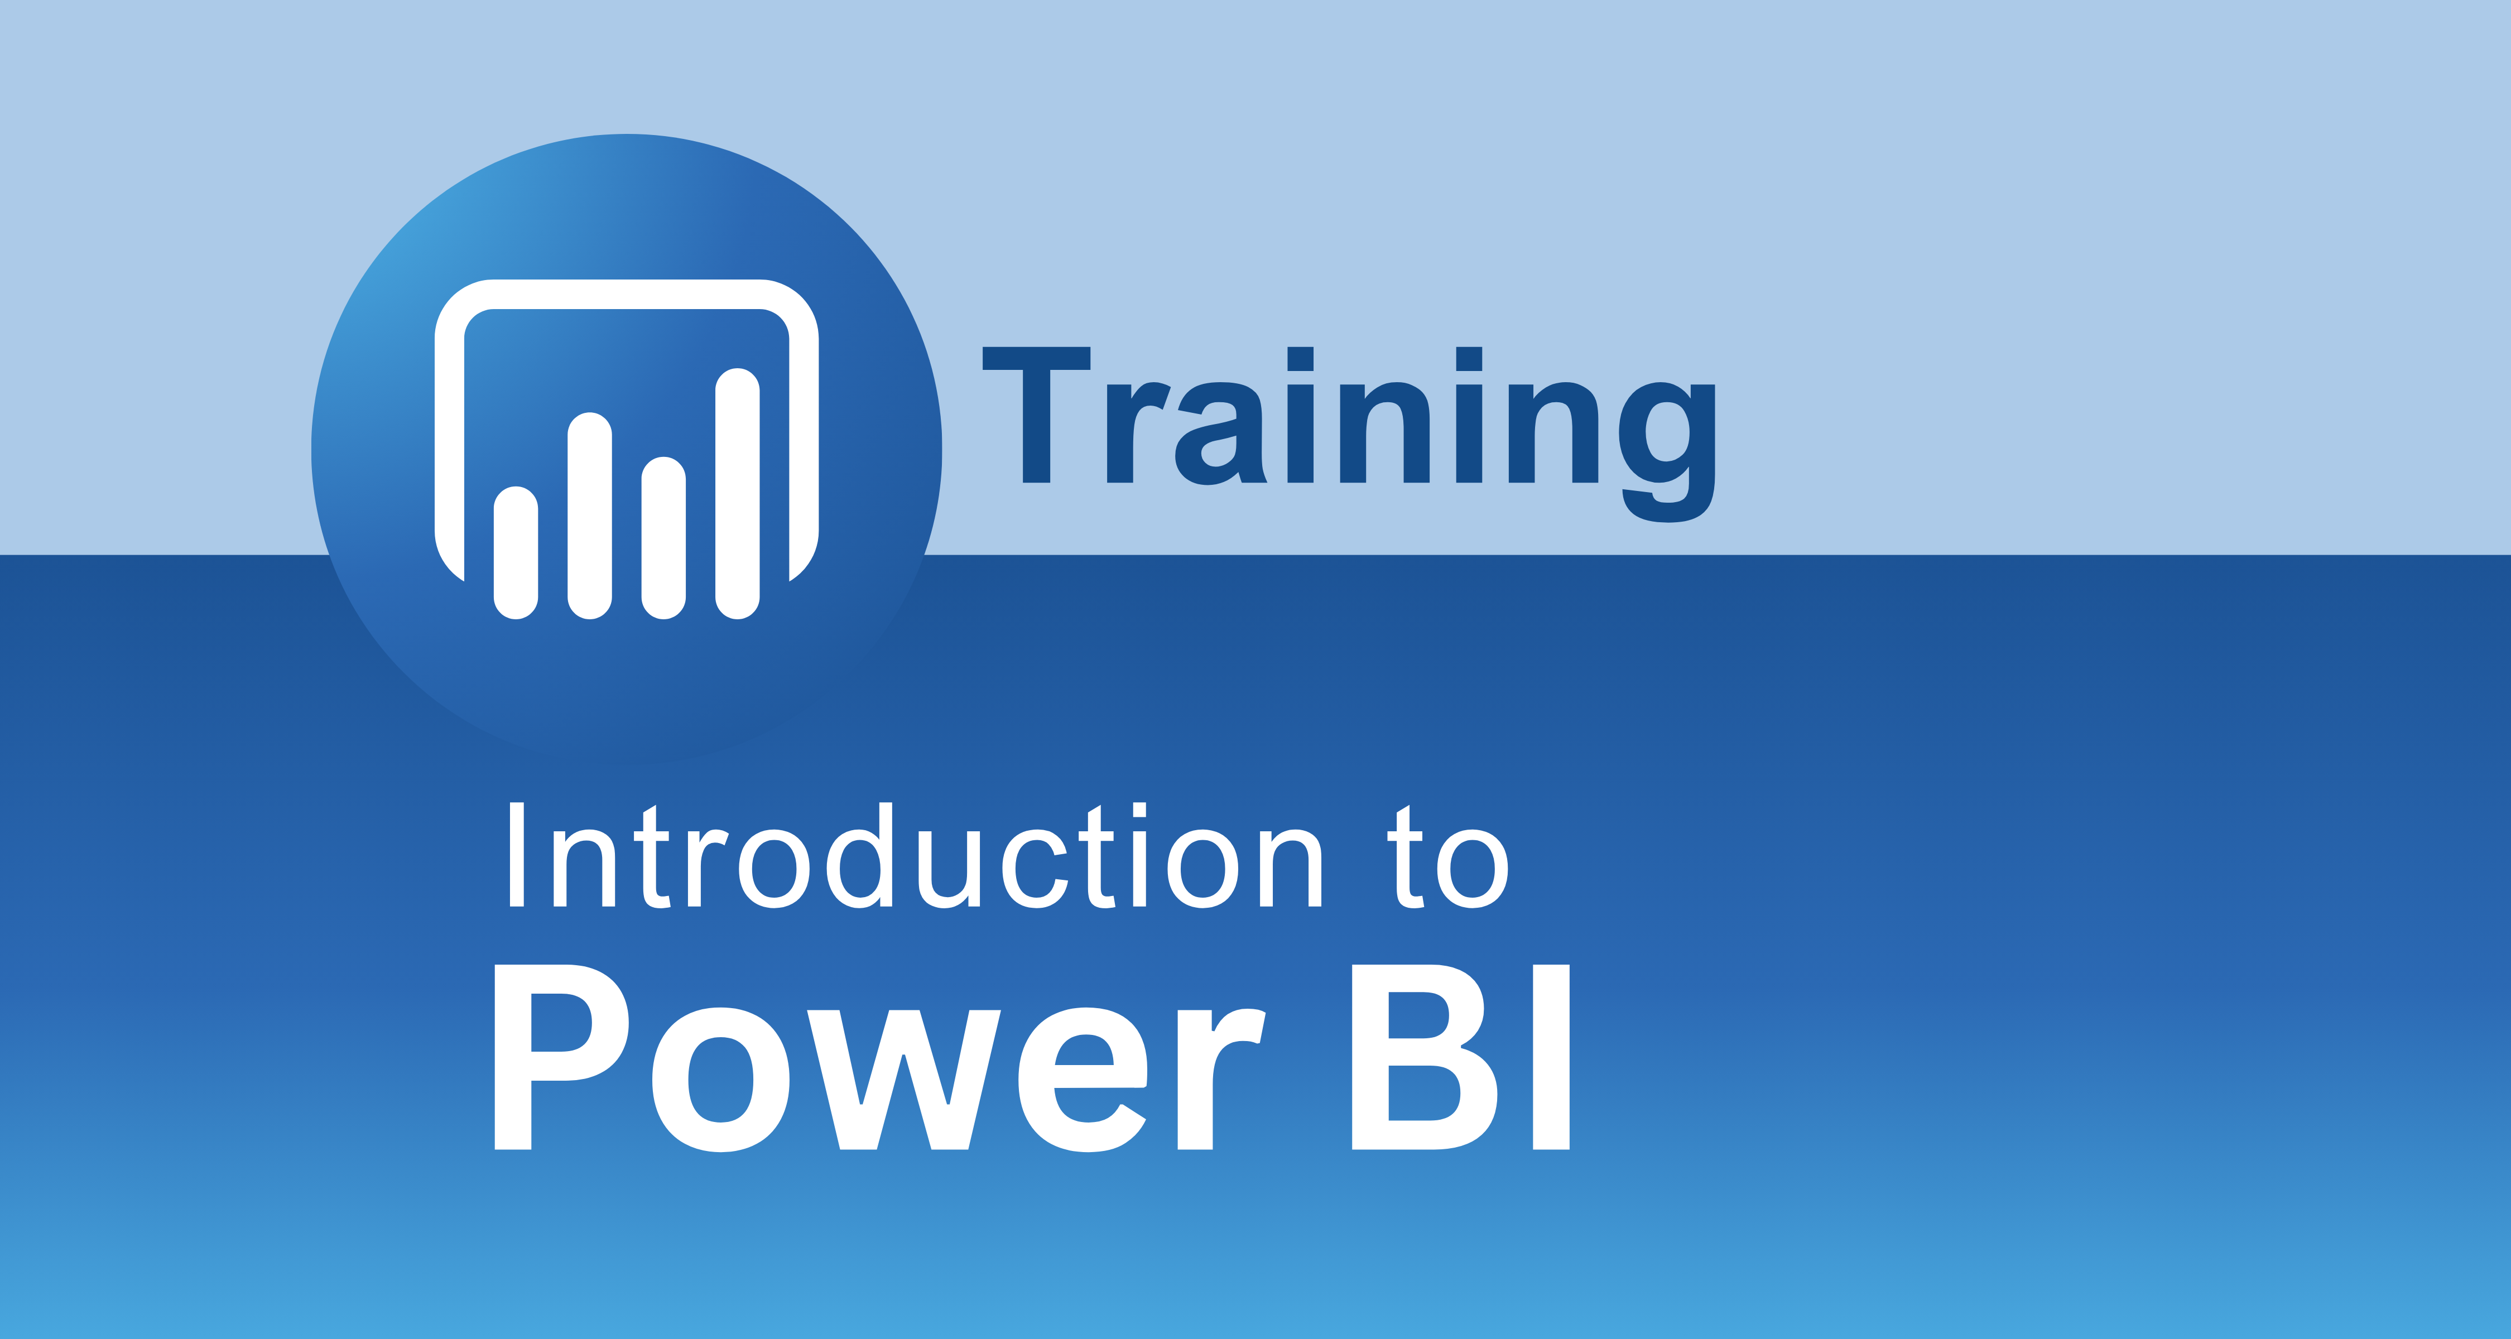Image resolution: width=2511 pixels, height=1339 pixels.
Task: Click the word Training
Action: (x=1349, y=433)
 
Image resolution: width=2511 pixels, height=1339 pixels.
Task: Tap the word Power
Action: (x=880, y=1057)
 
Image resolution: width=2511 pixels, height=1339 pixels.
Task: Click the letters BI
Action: (x=1460, y=1057)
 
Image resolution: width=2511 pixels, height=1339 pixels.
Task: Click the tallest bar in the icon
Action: (x=737, y=493)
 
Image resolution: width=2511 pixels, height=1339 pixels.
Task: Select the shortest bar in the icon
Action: (x=516, y=552)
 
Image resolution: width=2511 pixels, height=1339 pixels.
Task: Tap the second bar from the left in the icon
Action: (x=590, y=516)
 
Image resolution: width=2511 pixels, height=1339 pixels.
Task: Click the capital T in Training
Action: (x=1036, y=414)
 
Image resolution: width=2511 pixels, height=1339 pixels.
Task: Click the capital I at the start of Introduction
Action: (x=517, y=855)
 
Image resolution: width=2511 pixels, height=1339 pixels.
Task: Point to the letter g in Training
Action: (x=1667, y=452)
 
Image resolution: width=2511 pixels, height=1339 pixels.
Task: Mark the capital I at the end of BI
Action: (x=1551, y=1057)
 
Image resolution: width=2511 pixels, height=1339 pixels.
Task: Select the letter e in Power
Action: (x=1082, y=1080)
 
